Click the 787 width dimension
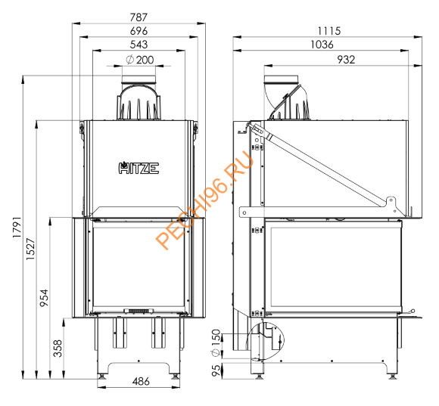pyautogui.click(x=139, y=16)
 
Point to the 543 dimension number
pyautogui.click(x=139, y=45)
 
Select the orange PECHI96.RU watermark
pyautogui.click(x=204, y=204)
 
